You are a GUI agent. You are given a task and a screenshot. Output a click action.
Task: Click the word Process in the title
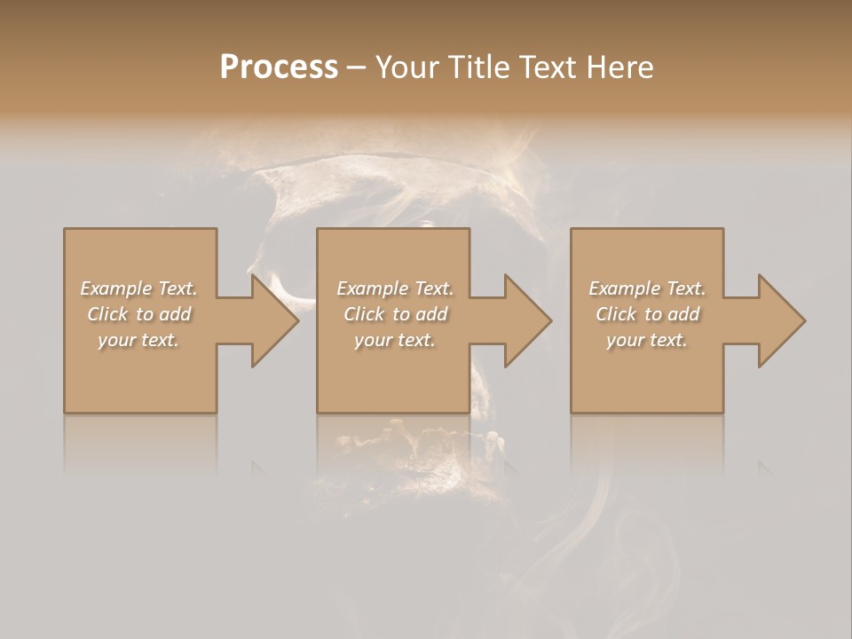point(279,67)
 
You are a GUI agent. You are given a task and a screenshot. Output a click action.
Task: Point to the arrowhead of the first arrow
point(275,320)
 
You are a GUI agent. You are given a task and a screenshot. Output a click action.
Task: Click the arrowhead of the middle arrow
point(528,320)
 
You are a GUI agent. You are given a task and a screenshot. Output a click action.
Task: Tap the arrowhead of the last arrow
point(782,320)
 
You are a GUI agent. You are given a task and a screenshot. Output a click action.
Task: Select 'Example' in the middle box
point(371,288)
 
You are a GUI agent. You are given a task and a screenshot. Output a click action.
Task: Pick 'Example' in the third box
point(623,288)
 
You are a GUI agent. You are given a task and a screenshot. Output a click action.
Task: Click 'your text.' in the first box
point(139,341)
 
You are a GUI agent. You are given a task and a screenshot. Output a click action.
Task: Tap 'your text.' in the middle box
point(395,341)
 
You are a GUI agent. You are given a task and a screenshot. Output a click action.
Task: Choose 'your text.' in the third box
point(647,341)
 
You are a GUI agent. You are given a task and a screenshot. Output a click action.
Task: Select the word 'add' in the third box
point(684,314)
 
